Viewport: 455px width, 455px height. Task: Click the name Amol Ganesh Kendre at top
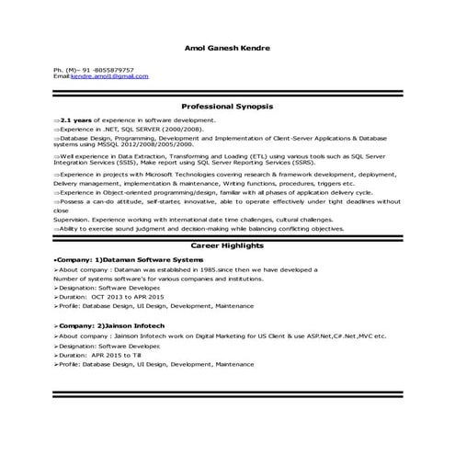[x=227, y=48]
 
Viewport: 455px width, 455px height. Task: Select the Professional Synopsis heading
[x=227, y=107]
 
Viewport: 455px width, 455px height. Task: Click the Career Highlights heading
[x=227, y=247]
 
